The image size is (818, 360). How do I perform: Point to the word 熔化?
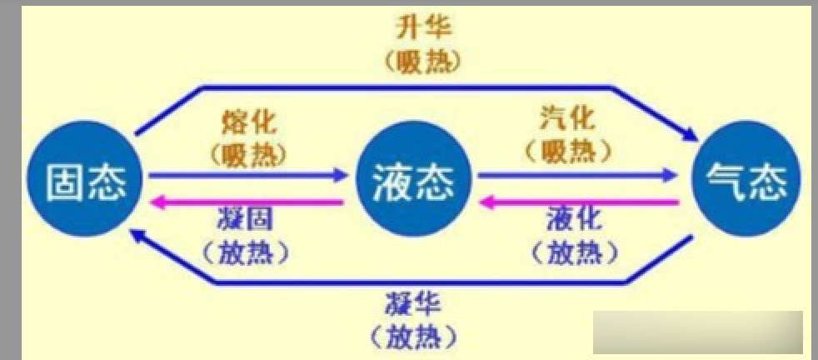pyautogui.click(x=250, y=122)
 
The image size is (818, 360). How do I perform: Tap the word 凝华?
pyautogui.click(x=411, y=303)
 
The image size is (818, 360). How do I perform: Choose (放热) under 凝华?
pyautogui.click(x=411, y=336)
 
